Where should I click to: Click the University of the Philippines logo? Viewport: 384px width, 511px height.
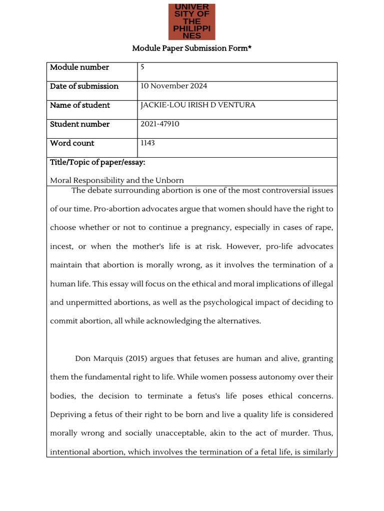[192, 22]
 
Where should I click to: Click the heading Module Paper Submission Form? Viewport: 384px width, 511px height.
[191, 48]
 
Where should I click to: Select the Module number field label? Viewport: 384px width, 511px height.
[79, 67]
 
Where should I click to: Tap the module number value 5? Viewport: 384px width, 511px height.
[142, 67]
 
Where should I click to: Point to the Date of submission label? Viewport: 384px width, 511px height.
[84, 86]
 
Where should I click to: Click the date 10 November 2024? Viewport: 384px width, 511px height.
[173, 86]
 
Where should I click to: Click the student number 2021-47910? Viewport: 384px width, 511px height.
[159, 124]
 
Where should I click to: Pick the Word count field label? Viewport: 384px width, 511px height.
[72, 143]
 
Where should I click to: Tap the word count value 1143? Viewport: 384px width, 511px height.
[147, 143]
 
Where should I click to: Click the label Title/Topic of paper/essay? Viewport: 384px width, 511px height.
[97, 163]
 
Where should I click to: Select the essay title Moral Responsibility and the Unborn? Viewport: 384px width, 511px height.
[117, 181]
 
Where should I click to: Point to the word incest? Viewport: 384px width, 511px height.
[61, 247]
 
